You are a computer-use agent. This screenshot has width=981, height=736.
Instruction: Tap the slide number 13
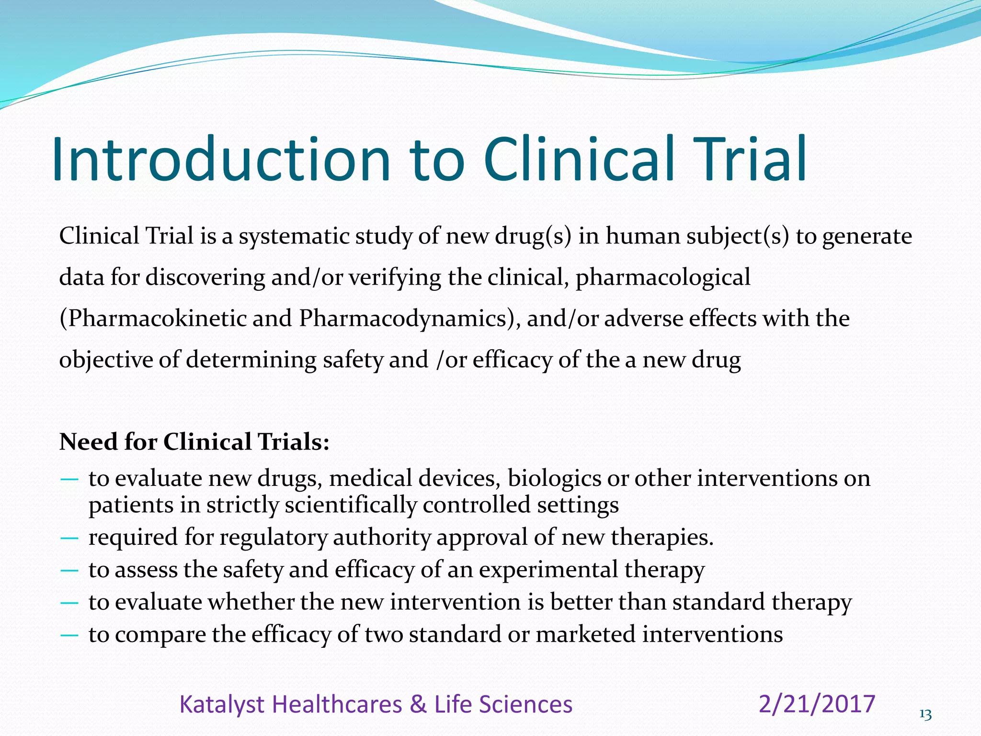coord(925,715)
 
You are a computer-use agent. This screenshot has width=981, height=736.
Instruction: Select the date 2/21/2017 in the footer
coord(817,704)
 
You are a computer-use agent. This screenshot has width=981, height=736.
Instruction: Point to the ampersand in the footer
coord(419,705)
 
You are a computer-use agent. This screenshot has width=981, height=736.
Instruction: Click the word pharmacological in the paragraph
coord(663,277)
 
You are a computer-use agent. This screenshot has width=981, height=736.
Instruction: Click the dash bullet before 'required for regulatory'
coord(70,538)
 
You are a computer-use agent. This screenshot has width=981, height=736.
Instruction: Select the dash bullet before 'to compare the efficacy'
coord(70,635)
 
